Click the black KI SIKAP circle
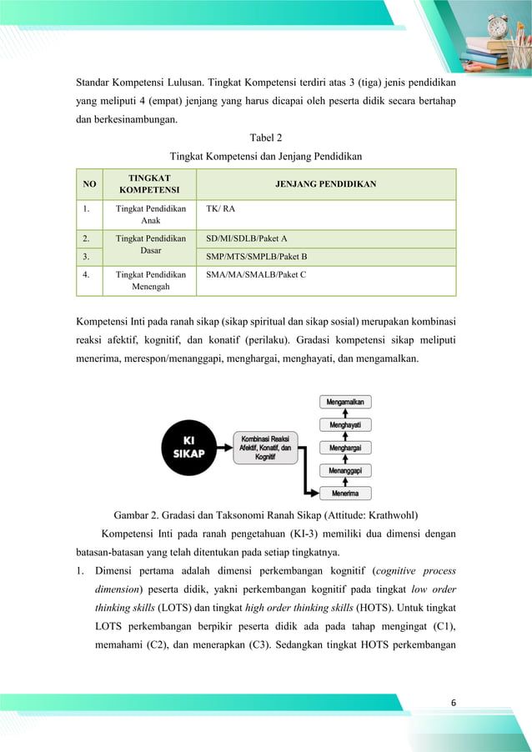pos(194,445)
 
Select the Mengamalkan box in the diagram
pos(345,401)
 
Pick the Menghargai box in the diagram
pos(345,448)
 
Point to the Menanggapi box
pos(345,470)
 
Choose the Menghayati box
pos(345,424)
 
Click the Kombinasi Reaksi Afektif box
pos(265,448)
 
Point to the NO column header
pos(88,184)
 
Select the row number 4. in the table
pos(86,273)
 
